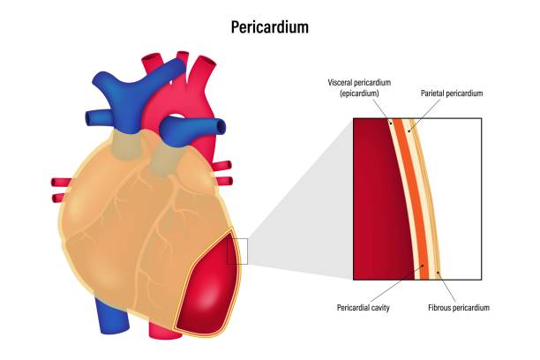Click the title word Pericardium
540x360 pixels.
(x=270, y=27)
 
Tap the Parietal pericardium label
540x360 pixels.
(x=452, y=94)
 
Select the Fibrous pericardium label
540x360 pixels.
(x=459, y=308)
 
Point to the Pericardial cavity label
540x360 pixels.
(x=363, y=308)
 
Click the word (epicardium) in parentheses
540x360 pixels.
(x=359, y=94)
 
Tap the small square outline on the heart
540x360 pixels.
(x=237, y=251)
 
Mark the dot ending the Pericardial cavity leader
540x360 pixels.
(x=424, y=266)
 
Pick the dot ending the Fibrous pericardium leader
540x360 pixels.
(x=438, y=273)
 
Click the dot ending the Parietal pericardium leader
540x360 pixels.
(x=409, y=131)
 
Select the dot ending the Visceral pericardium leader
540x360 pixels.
(x=391, y=122)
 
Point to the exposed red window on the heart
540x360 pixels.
(x=208, y=285)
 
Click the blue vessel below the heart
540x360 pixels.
(x=112, y=316)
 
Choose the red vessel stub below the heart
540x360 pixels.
(x=165, y=331)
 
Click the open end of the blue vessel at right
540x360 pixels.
(x=221, y=126)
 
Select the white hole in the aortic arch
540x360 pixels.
(x=176, y=117)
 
